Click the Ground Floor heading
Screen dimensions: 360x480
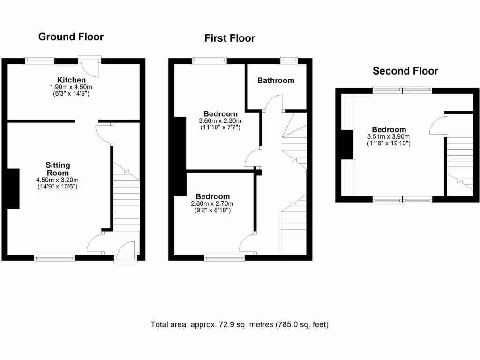71,37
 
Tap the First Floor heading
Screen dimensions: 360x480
230,38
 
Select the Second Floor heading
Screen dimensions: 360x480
405,71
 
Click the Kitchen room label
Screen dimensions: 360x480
71,80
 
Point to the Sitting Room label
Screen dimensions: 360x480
58,169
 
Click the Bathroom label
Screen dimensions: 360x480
276,81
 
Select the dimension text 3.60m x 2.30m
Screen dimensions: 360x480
220,120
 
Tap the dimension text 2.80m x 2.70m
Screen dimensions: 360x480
212,203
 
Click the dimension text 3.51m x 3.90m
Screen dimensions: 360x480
389,136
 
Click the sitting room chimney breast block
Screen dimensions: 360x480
13,188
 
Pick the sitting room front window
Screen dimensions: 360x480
54,257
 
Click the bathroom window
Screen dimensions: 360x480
289,60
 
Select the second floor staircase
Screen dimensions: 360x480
459,164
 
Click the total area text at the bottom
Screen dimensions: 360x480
240,324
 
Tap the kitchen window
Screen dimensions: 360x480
39,60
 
